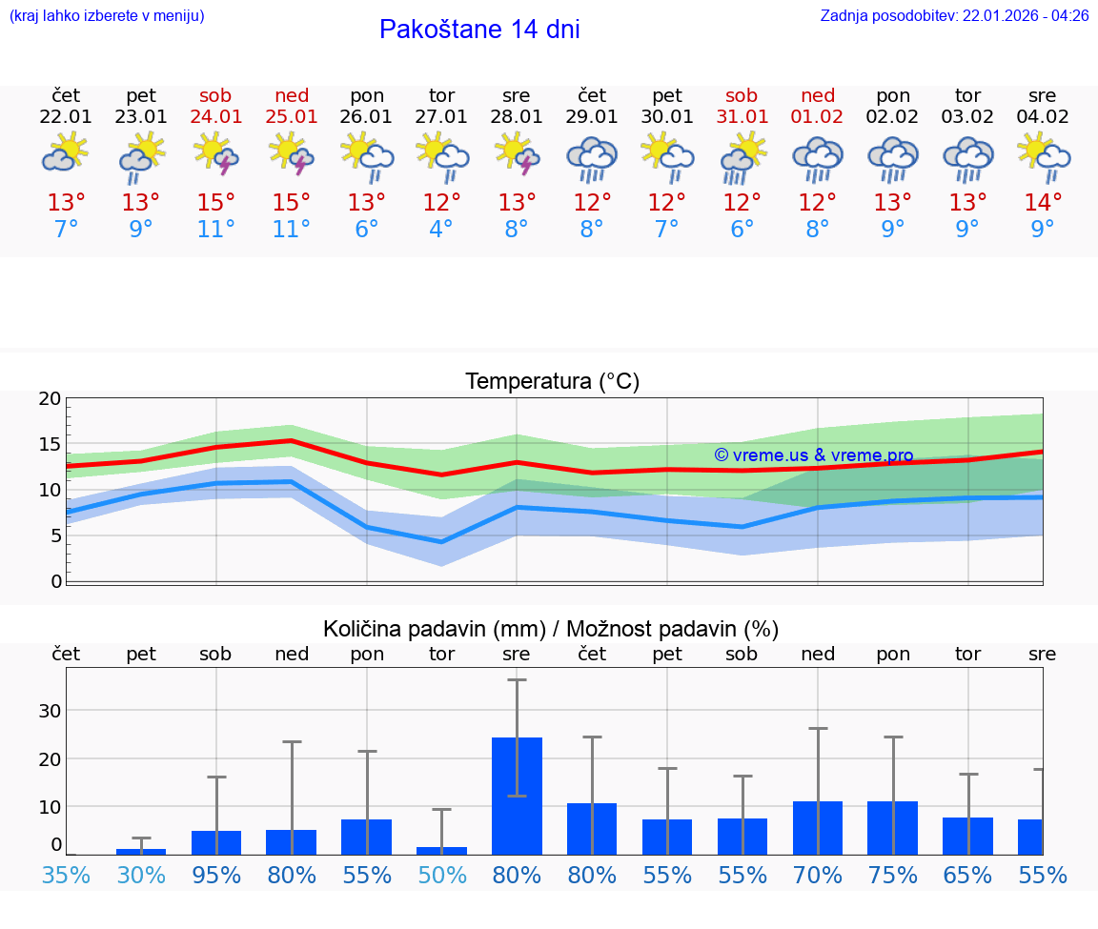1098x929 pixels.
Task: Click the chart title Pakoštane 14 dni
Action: pyautogui.click(x=479, y=30)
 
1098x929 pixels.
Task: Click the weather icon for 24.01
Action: pyautogui.click(x=216, y=153)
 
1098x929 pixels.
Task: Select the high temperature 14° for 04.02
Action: pyautogui.click(x=1043, y=203)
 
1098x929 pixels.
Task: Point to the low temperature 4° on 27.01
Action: pyautogui.click(x=441, y=230)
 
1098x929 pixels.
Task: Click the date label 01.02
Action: pyautogui.click(x=817, y=117)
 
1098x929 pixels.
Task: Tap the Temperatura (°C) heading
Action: pyautogui.click(x=552, y=382)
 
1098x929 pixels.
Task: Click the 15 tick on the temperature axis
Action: pyautogui.click(x=50, y=444)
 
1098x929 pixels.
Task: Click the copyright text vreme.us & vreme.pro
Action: pyautogui.click(x=813, y=455)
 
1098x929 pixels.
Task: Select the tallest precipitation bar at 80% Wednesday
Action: pyautogui.click(x=517, y=795)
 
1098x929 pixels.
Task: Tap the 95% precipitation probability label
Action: pyautogui.click(x=216, y=876)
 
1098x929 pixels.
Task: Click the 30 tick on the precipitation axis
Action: pyautogui.click(x=50, y=711)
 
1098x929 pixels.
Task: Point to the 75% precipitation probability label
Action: pyautogui.click(x=893, y=876)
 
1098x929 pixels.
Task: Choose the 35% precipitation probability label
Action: pyautogui.click(x=66, y=876)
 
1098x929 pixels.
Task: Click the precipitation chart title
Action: pyautogui.click(x=551, y=629)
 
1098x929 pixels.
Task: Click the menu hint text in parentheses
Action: pyautogui.click(x=106, y=16)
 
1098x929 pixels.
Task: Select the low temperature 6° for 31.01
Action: pyautogui.click(x=742, y=230)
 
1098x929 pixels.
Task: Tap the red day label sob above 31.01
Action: pyautogui.click(x=742, y=95)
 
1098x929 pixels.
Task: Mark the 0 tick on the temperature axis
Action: pyautogui.click(x=56, y=581)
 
